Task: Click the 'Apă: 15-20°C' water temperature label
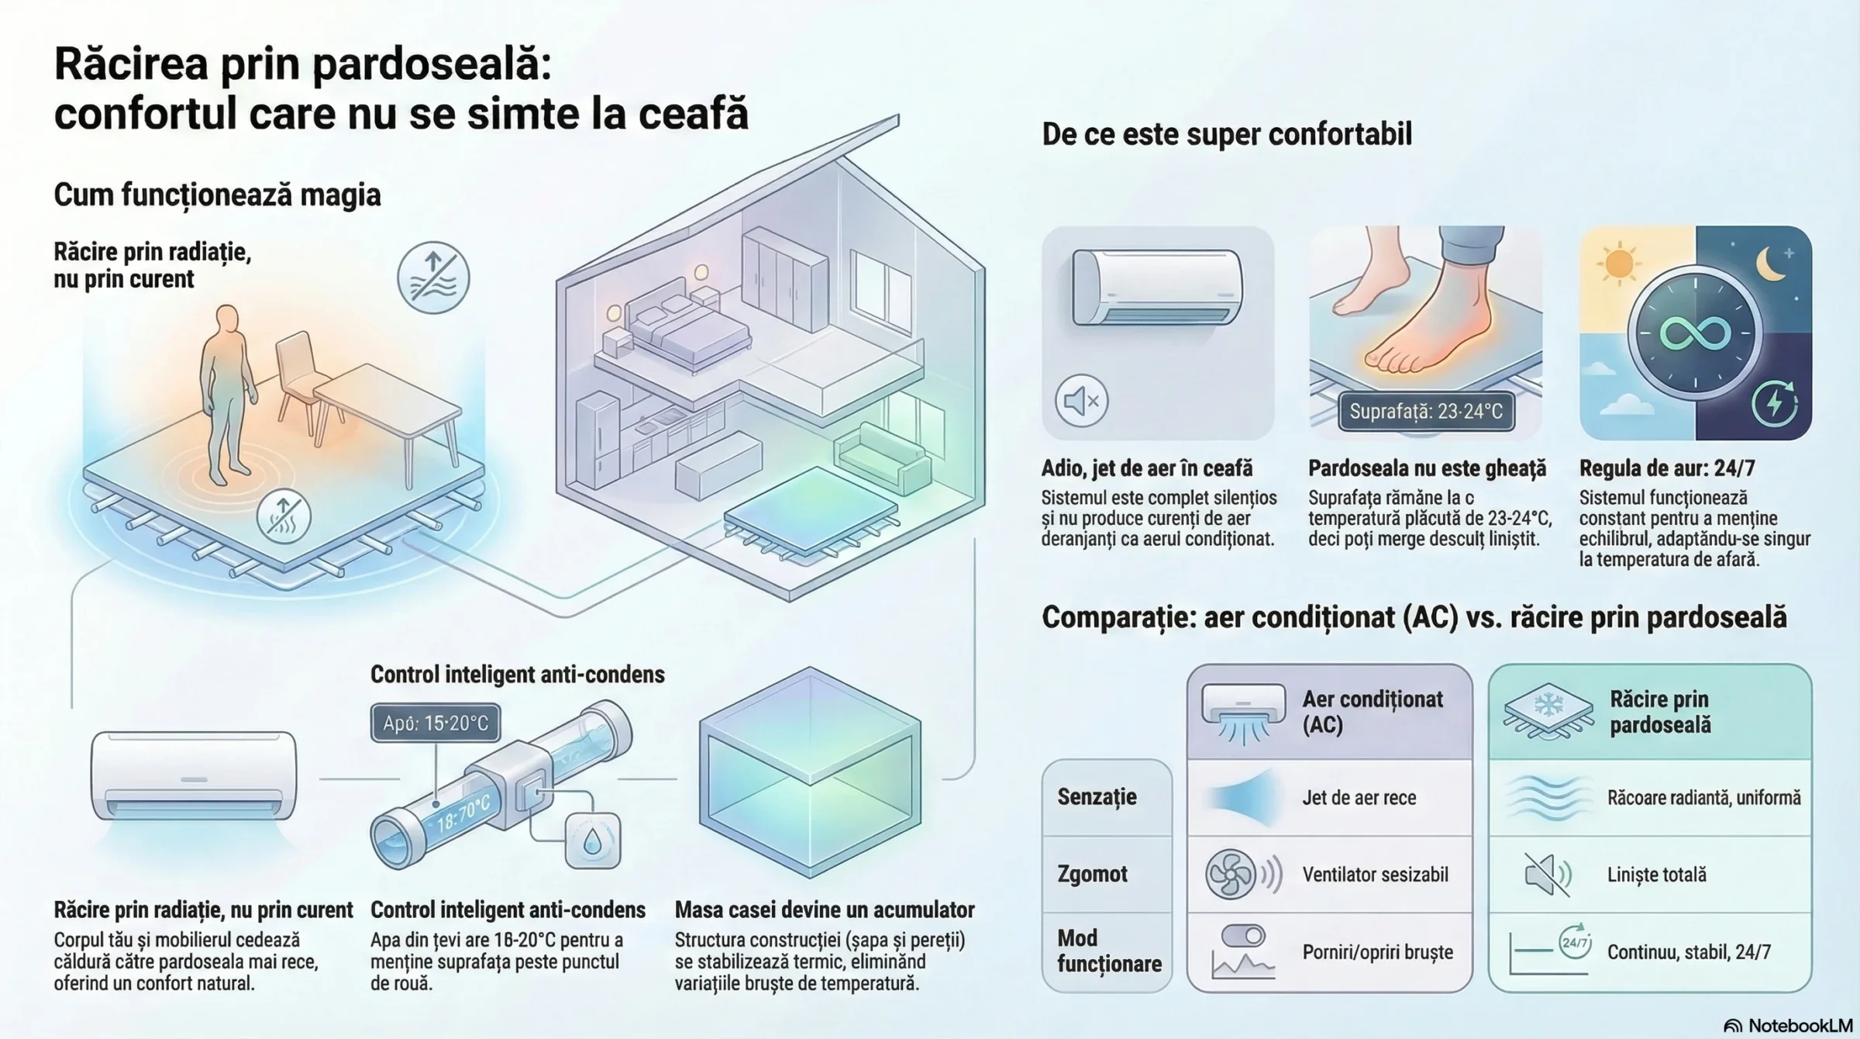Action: tap(435, 723)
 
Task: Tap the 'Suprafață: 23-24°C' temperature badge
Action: tap(1425, 411)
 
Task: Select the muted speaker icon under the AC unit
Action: tap(1081, 401)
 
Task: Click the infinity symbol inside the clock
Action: tap(1695, 334)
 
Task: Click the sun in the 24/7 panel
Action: tap(1619, 264)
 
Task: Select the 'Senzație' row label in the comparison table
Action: tap(1097, 797)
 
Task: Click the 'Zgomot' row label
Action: tap(1092, 874)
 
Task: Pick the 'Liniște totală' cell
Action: tap(1656, 875)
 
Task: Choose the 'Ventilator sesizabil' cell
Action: tap(1375, 875)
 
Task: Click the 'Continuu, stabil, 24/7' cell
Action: tap(1688, 951)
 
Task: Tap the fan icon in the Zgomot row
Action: tap(1230, 874)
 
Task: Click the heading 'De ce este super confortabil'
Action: tap(1226, 134)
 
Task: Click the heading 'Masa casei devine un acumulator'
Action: tap(825, 910)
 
